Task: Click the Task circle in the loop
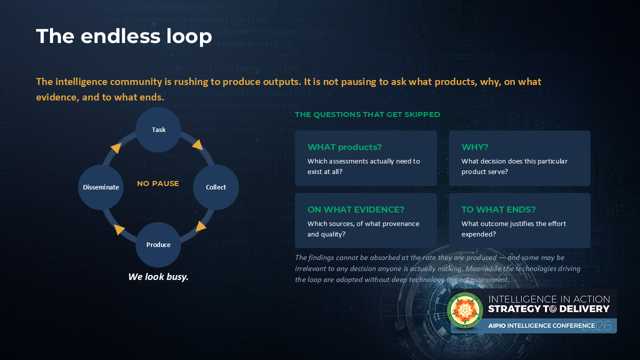click(x=158, y=129)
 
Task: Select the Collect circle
click(x=216, y=187)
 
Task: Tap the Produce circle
click(x=158, y=245)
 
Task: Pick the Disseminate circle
click(x=101, y=187)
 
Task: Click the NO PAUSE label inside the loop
click(x=158, y=183)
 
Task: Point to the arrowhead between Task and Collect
click(x=198, y=145)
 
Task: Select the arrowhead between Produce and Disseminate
click(x=119, y=229)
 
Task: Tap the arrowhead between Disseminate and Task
click(x=116, y=148)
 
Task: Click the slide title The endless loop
click(x=124, y=36)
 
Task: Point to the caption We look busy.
click(x=158, y=277)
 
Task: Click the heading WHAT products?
click(x=344, y=147)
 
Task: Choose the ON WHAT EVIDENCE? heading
click(x=355, y=209)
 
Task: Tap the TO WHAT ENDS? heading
click(x=498, y=209)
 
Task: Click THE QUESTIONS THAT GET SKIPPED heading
click(x=367, y=114)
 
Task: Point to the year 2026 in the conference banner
click(x=596, y=326)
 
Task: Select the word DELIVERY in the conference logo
click(x=584, y=309)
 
